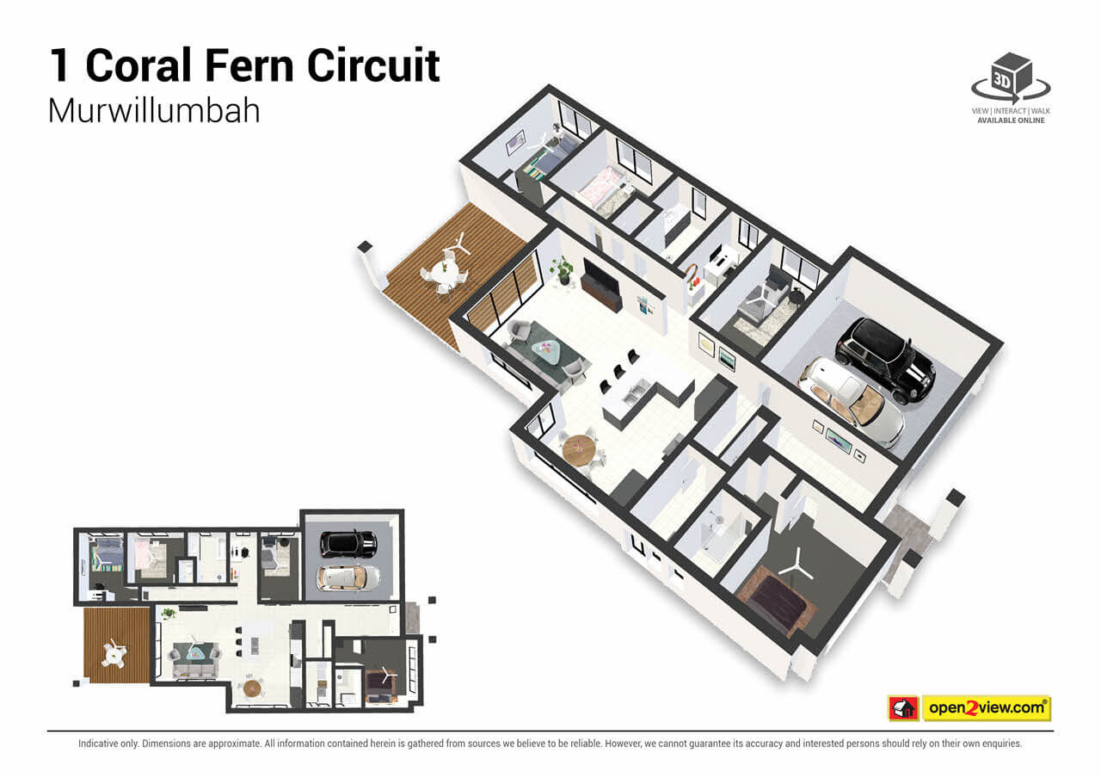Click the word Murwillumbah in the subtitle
point(154,111)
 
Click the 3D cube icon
point(1012,76)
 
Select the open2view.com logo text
point(986,708)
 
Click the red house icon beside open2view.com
point(903,708)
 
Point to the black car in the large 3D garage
point(886,358)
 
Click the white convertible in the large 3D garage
point(852,400)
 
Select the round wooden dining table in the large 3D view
point(579,449)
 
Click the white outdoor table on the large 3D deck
point(446,268)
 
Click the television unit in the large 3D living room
point(601,285)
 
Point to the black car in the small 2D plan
point(348,543)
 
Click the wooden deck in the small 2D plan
point(116,645)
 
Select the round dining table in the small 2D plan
point(252,688)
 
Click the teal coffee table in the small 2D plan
point(198,652)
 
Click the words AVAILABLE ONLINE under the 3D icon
point(1011,120)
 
